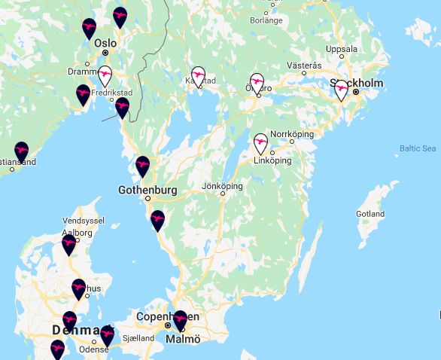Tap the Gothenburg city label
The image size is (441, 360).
[148, 190]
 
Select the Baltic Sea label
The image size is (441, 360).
[418, 148]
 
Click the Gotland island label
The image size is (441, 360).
[370, 214]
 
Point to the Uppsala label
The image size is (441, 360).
[341, 49]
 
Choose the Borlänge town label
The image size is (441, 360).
[266, 20]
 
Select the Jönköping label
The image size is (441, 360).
[222, 186]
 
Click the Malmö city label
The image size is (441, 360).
[183, 339]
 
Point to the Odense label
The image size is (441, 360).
[94, 349]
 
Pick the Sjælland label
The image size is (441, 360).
[139, 338]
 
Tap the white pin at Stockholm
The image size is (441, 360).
[341, 90]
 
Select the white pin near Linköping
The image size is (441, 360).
[260, 143]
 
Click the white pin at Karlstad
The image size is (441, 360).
[198, 76]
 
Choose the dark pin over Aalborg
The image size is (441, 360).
[69, 244]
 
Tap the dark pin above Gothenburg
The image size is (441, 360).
[142, 166]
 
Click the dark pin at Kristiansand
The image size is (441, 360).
[21, 151]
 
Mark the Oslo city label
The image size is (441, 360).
[105, 43]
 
